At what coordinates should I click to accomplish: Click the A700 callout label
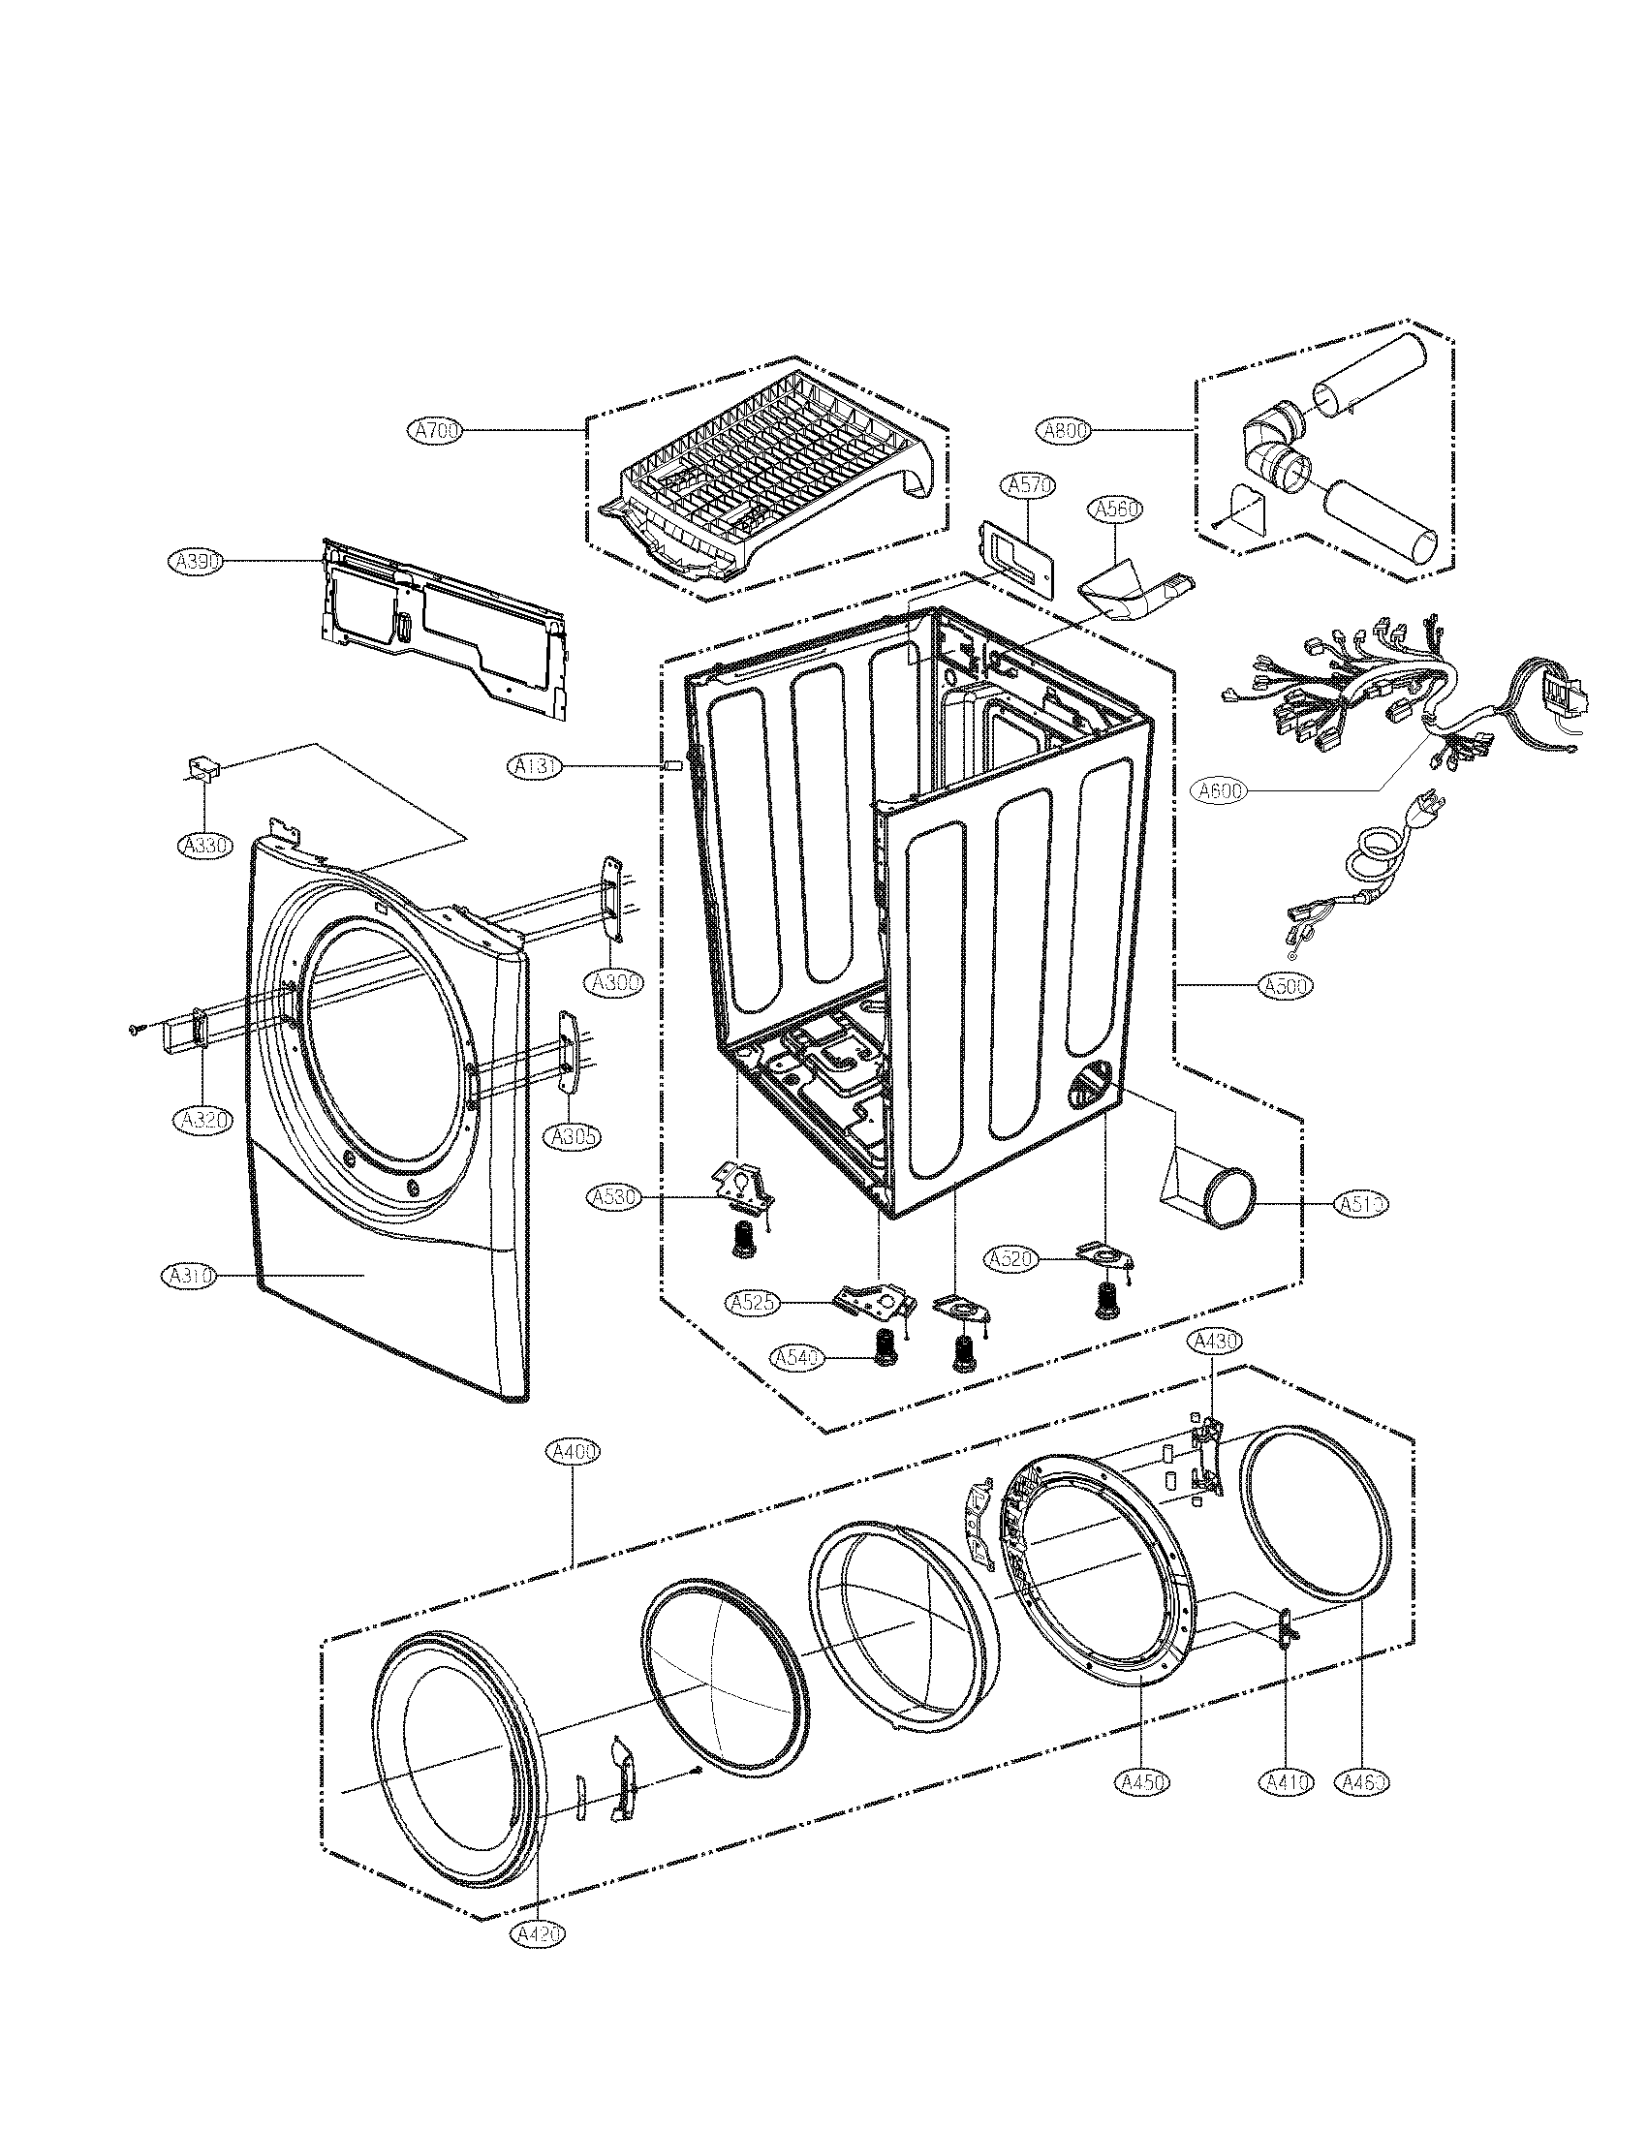click(435, 430)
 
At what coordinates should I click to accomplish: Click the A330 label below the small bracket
click(204, 845)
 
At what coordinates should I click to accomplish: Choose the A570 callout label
click(1026, 485)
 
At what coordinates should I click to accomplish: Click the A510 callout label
click(1361, 1204)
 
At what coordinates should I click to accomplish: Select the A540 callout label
click(797, 1357)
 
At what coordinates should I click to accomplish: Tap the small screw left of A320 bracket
click(136, 1028)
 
